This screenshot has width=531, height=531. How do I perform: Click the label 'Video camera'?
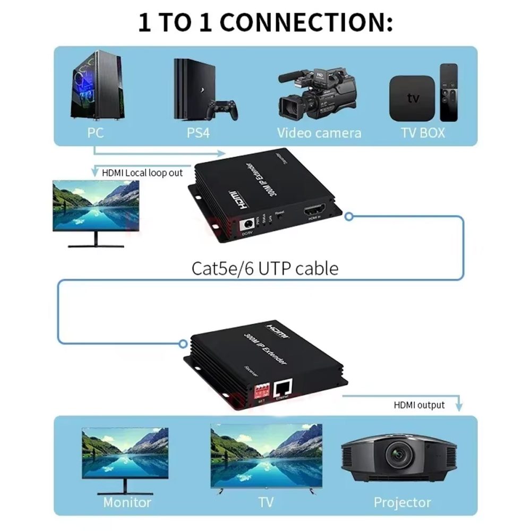tap(319, 133)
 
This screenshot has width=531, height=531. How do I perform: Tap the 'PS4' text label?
tap(198, 133)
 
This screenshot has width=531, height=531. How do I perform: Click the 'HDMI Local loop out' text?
tap(142, 173)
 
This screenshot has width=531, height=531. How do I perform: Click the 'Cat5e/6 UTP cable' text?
tap(264, 268)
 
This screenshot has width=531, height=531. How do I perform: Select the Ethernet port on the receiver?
tap(282, 390)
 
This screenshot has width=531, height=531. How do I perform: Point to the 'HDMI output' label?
tap(419, 405)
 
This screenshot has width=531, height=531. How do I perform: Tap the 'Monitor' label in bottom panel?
tap(127, 502)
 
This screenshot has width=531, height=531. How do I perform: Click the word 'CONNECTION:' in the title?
tap(306, 23)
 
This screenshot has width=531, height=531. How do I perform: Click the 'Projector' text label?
tap(402, 502)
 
